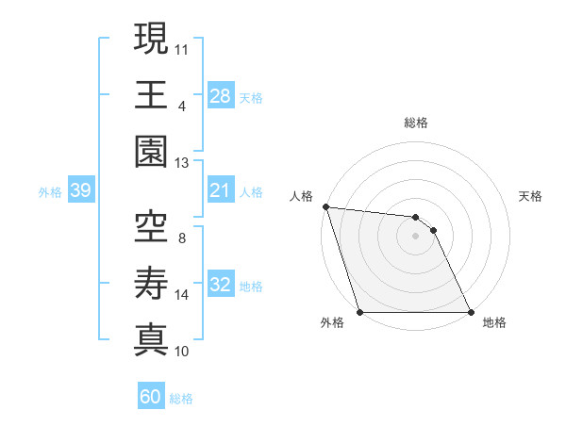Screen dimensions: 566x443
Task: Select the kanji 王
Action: (x=151, y=94)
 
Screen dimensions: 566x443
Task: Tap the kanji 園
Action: (x=151, y=151)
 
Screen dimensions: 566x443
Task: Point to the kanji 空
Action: (x=151, y=226)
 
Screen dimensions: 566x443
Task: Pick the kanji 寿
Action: (x=151, y=283)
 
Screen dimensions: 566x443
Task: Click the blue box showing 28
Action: (x=221, y=95)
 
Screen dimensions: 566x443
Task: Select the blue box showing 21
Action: (x=221, y=191)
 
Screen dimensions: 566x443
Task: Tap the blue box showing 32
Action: (x=221, y=286)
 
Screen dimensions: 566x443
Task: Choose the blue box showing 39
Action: (x=81, y=191)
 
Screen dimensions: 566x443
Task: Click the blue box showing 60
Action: (x=151, y=397)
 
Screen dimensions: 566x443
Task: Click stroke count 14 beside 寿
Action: (x=182, y=295)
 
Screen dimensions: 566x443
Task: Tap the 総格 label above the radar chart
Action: (x=416, y=123)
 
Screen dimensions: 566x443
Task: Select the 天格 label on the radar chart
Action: (x=531, y=196)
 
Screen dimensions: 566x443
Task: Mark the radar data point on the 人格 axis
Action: (x=325, y=206)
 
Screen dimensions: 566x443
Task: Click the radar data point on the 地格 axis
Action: (x=471, y=312)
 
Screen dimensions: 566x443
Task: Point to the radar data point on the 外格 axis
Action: (x=360, y=312)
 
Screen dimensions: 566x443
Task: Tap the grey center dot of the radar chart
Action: (x=416, y=236)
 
